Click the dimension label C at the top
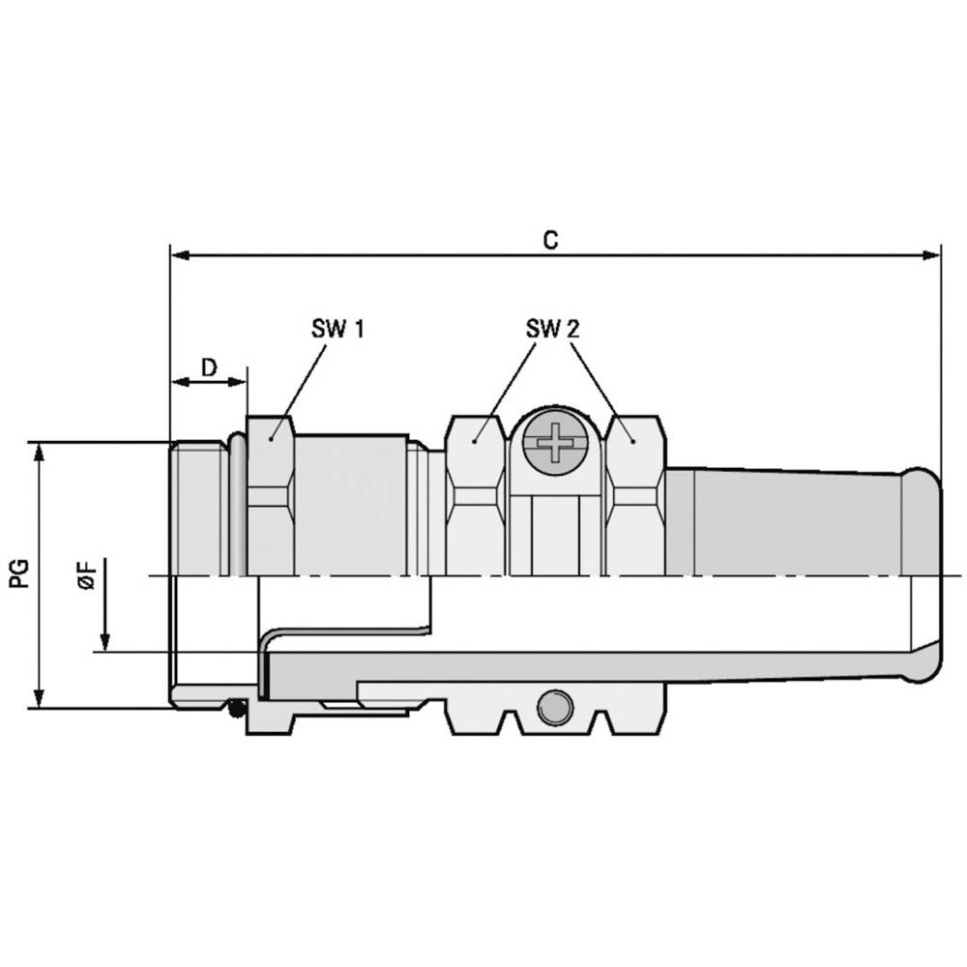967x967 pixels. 550,240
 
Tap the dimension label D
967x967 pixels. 209,367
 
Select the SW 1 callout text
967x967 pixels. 337,329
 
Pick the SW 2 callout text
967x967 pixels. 552,329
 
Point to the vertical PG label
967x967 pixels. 19,573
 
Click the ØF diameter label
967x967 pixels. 88,574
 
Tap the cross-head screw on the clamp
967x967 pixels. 554,443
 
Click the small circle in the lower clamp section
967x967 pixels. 554,708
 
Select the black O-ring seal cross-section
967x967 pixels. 235,709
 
